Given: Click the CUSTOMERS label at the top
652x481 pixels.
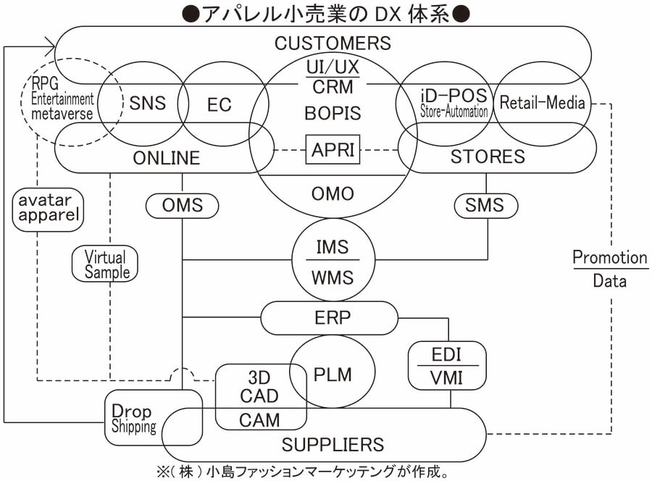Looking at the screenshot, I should pos(333,43).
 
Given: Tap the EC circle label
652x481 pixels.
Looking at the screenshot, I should pos(219,104).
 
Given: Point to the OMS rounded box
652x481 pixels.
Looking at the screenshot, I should pos(182,206).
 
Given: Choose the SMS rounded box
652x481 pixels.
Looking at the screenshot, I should pos(485,206).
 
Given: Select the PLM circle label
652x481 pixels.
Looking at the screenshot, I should pos(333,374).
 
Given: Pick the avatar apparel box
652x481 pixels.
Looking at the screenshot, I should pos(46,209).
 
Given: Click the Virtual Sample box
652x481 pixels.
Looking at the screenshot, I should pos(106,264).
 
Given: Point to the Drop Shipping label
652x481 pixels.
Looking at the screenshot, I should pos(133,419).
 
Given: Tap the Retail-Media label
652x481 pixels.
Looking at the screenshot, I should pos(542,103).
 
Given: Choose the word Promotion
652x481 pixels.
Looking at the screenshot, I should pos(609,257).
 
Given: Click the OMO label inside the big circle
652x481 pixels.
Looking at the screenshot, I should pos(333,194).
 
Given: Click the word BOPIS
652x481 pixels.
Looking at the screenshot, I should pos(333,113).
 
